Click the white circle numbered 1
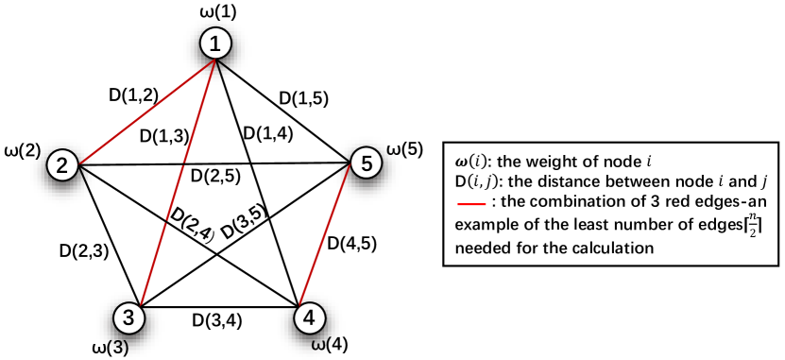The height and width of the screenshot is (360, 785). pos(215,43)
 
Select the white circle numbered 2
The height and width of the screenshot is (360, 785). pos(62,166)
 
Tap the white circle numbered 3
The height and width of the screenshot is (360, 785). pos(128,317)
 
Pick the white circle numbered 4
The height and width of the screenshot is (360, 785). pos(309,317)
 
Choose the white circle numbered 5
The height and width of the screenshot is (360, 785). pos(366,163)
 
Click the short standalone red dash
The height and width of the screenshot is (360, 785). pos(471,204)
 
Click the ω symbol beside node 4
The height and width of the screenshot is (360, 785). pos(319,346)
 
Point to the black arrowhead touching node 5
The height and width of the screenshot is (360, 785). pos(344,164)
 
